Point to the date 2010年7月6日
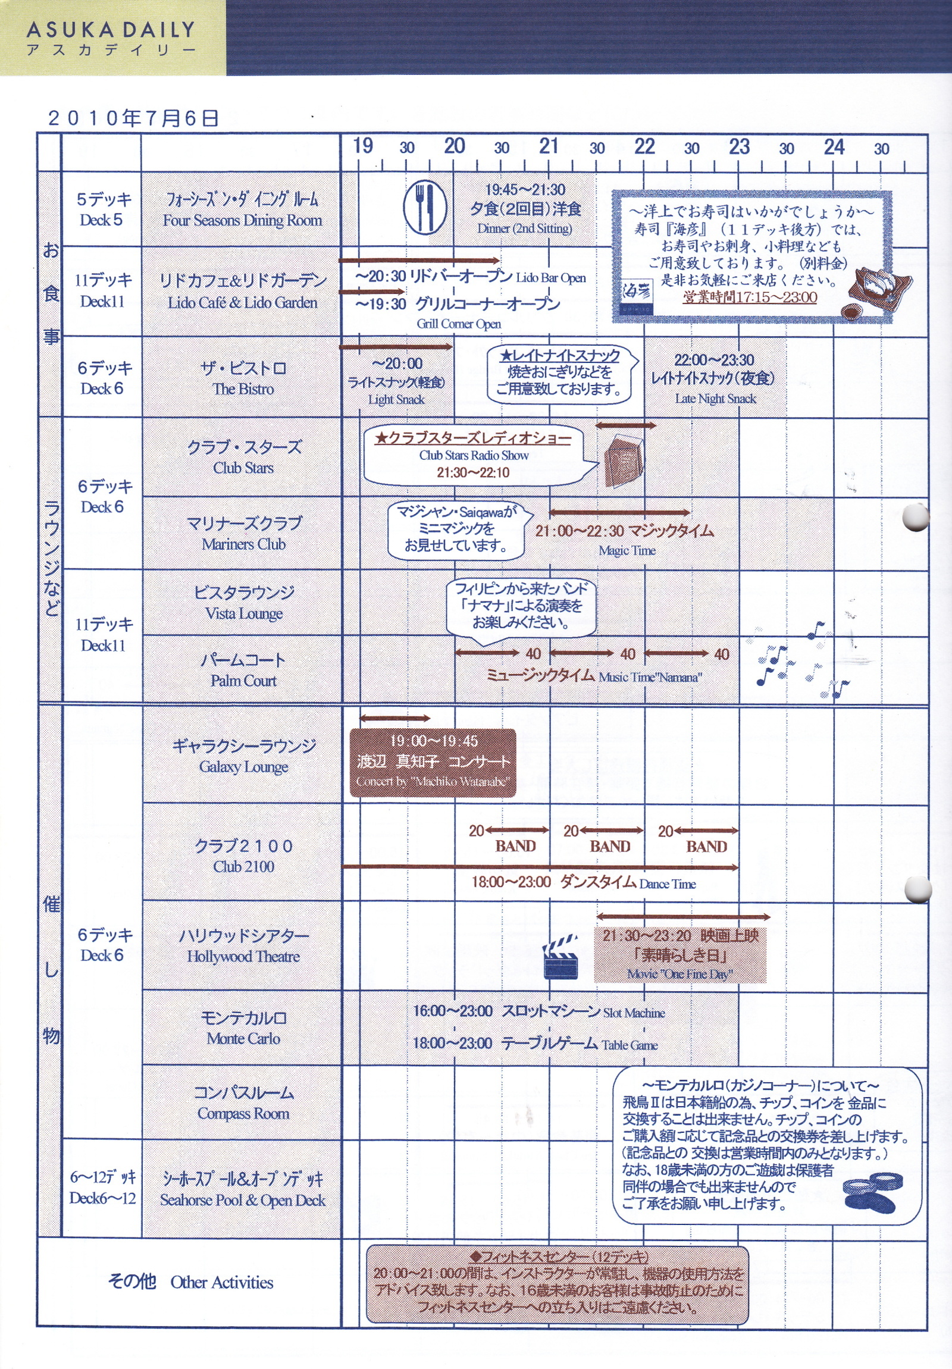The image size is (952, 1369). click(133, 118)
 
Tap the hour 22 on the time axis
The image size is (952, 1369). click(644, 146)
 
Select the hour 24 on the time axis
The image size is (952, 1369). click(834, 146)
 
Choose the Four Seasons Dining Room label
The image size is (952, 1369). click(242, 221)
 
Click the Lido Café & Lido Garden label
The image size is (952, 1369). click(242, 303)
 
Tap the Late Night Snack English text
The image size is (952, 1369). click(715, 398)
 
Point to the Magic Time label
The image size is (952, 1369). click(627, 550)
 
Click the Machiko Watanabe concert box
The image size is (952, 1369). click(433, 763)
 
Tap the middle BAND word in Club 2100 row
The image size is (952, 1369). click(610, 846)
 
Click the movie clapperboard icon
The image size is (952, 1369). click(560, 956)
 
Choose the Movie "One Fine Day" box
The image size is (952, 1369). click(679, 954)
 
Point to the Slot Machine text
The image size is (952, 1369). click(634, 1013)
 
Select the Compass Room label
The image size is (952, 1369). click(243, 1113)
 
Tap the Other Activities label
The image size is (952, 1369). click(222, 1282)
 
